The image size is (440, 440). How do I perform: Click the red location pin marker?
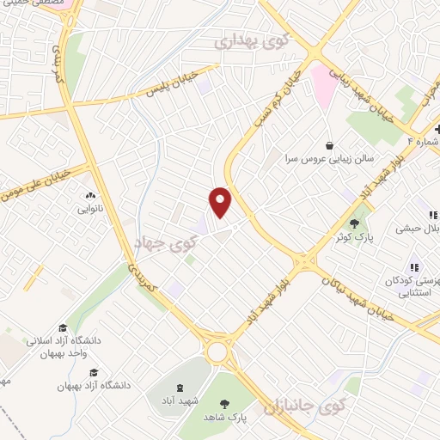click(221, 202)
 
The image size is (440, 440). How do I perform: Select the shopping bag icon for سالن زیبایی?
click(329, 144)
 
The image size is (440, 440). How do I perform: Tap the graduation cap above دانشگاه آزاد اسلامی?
click(62, 327)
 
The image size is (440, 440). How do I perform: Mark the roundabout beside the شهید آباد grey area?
click(217, 351)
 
